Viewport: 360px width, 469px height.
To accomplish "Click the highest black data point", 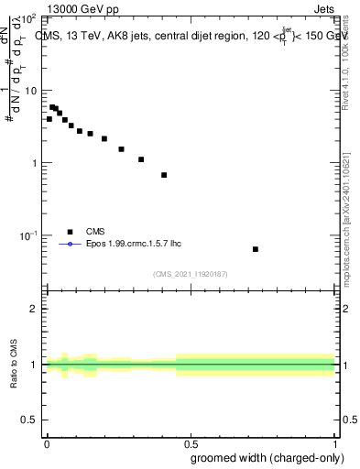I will coord(52,107).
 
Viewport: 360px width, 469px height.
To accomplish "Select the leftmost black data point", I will coord(49,119).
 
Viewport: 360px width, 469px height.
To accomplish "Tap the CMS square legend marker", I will coord(69,232).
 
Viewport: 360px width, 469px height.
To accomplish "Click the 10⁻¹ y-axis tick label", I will coord(29,235).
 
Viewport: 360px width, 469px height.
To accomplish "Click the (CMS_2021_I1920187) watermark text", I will coord(191,274).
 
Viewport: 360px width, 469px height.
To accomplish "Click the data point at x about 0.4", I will coord(164,175).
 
